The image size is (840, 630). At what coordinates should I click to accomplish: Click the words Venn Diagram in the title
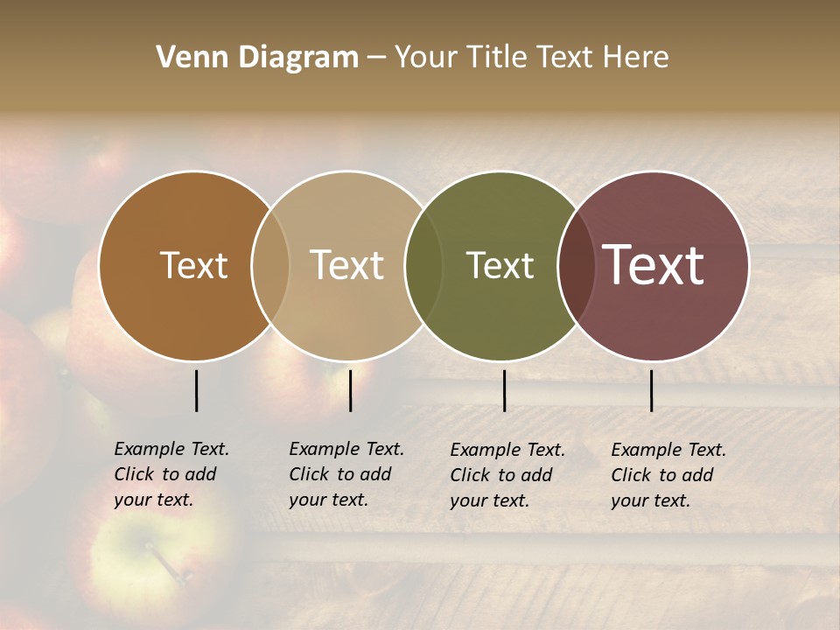pos(257,58)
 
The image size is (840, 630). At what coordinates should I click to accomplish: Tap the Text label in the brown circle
pos(193,266)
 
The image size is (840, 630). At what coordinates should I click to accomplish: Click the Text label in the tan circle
pos(346,266)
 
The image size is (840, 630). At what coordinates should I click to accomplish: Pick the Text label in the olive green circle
pos(500,266)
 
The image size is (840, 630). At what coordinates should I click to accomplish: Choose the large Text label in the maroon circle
pos(653,265)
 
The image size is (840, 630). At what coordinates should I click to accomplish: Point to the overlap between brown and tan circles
pos(270,266)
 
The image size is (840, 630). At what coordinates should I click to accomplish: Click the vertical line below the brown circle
pos(196,390)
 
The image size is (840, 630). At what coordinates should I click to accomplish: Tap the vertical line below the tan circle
pos(350,390)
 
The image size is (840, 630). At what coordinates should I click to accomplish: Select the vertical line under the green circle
pos(504,390)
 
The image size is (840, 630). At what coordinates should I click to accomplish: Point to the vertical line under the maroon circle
pos(651,390)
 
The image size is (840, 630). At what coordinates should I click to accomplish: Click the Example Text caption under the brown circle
pos(171,474)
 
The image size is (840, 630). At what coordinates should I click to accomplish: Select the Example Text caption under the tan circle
pos(346,474)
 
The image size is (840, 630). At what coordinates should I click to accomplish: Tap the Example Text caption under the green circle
pos(507,475)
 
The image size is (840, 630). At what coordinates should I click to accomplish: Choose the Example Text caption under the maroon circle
pos(668,475)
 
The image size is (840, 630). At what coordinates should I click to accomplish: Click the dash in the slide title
pos(375,59)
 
